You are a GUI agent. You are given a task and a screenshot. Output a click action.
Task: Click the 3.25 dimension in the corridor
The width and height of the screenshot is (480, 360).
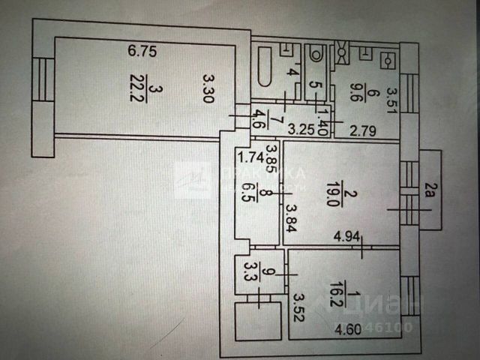point(301,127)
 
